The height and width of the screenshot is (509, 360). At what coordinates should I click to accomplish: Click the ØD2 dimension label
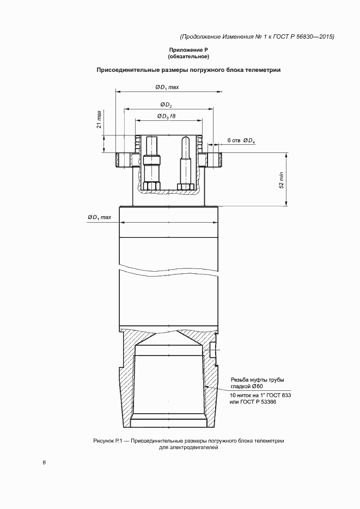coord(166,105)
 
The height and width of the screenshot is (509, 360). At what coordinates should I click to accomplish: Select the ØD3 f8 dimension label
coord(166,116)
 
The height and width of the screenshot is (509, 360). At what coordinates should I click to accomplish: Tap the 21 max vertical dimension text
coord(99,119)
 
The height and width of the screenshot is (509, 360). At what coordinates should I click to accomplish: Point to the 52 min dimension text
coord(281,180)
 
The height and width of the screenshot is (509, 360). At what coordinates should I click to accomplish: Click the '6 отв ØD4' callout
coord(241,140)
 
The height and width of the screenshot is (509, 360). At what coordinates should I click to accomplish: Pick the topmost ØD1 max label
coord(167,87)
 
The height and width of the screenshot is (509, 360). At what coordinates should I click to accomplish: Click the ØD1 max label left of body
coord(99,218)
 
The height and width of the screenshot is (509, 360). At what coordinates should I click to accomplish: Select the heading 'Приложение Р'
coord(188,50)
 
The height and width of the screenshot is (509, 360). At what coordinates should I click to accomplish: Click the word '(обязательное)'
coord(188,57)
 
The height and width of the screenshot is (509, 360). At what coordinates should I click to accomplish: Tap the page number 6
coord(44,462)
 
